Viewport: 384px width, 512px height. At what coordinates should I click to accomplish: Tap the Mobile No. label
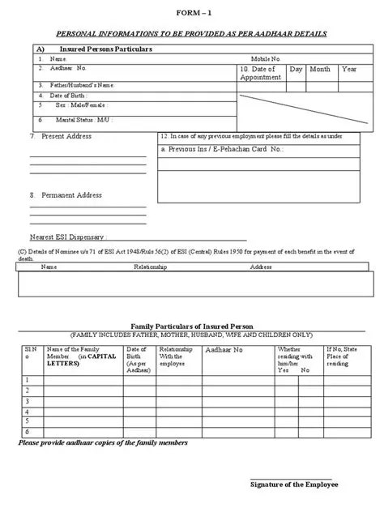pyautogui.click(x=265, y=59)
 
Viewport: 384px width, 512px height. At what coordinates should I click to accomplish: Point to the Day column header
pyautogui.click(x=296, y=70)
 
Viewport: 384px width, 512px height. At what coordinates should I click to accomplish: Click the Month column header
pyautogui.click(x=320, y=70)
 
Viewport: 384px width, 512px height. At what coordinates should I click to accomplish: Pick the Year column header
pyautogui.click(x=349, y=70)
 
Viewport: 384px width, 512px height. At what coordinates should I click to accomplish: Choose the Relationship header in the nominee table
pyautogui.click(x=150, y=267)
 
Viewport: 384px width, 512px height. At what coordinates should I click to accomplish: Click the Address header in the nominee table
pyautogui.click(x=261, y=267)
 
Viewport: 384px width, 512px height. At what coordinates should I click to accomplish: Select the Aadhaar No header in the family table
pyautogui.click(x=224, y=350)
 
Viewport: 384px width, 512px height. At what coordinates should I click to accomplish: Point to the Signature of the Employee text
pyautogui.click(x=294, y=484)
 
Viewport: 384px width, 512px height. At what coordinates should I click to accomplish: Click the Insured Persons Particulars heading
pyautogui.click(x=106, y=49)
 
